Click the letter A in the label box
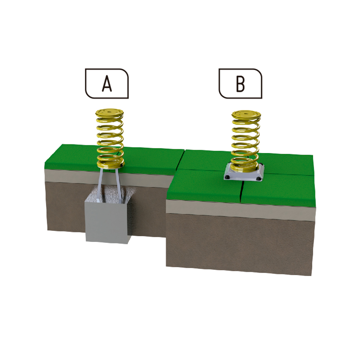[107, 84]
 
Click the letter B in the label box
[240, 84]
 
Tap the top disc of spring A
[109, 113]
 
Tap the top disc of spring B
[246, 114]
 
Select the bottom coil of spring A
[111, 164]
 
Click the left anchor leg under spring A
[100, 185]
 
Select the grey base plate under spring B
[244, 175]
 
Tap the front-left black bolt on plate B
[228, 177]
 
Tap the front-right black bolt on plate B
[258, 179]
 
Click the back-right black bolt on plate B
[261, 164]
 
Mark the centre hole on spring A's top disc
[109, 112]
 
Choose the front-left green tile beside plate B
[204, 185]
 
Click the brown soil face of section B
[239, 244]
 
